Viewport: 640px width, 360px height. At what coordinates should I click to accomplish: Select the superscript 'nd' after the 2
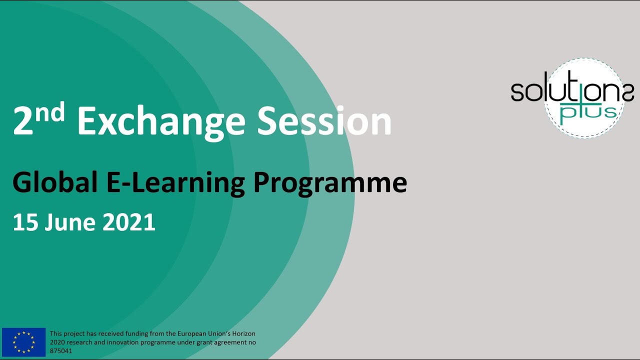click(x=52, y=113)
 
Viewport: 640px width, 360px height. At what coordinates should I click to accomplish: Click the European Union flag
click(x=23, y=342)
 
